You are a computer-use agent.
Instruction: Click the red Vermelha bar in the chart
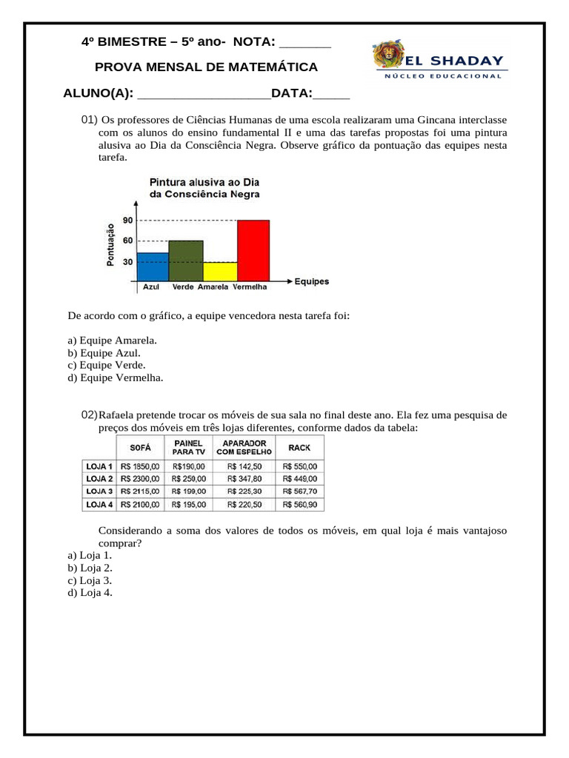point(253,250)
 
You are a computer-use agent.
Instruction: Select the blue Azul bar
point(153,266)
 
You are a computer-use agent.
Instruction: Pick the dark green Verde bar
point(185,261)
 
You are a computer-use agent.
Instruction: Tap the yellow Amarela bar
point(220,272)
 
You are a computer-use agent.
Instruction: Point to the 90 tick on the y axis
point(127,221)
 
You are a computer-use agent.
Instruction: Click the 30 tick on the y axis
point(127,262)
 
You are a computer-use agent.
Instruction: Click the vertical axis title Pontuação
point(110,244)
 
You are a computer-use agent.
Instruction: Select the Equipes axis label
point(311,282)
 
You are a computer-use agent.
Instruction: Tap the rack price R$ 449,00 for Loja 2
point(299,479)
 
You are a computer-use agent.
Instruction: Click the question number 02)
point(89,415)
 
